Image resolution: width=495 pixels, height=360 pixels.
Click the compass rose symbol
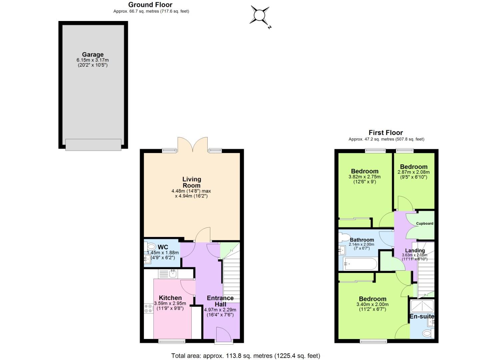point(260,16)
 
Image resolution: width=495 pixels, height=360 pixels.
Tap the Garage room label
point(93,54)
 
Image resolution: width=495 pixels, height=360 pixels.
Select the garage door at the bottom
point(93,145)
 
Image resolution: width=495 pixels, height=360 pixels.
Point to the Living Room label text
point(192,182)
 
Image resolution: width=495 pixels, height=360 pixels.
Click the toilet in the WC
point(151,247)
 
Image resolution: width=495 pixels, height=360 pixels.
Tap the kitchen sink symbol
point(173,274)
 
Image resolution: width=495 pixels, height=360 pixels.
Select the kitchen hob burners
point(148,308)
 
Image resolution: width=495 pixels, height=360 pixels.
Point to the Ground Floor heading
point(150,5)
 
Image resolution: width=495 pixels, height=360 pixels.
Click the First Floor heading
point(386,132)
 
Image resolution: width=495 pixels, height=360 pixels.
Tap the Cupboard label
point(425,223)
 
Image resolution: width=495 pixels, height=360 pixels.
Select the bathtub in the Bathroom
point(360,264)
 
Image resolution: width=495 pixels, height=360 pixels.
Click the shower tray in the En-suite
point(422,306)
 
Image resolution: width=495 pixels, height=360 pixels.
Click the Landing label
point(415,251)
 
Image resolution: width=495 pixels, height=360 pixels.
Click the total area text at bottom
point(246,356)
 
